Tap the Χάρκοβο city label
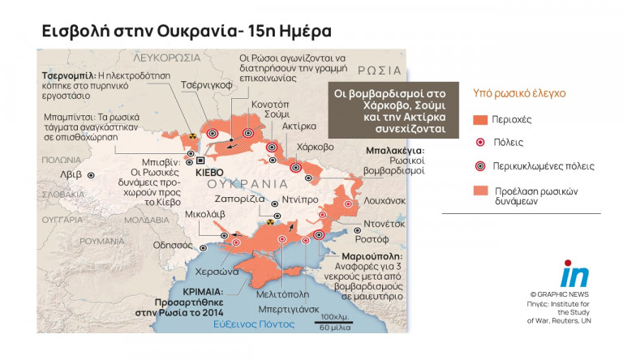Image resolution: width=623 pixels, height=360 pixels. point(316,148)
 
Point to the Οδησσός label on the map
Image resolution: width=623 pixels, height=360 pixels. point(174,243)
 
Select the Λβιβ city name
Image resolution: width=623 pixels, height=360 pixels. point(71,174)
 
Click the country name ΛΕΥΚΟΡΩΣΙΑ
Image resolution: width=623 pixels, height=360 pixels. point(166,58)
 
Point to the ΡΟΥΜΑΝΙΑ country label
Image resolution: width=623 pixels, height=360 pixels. point(102,241)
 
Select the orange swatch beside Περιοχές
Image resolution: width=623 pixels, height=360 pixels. point(480,120)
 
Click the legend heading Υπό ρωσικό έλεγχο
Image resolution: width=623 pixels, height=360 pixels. point(518,93)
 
